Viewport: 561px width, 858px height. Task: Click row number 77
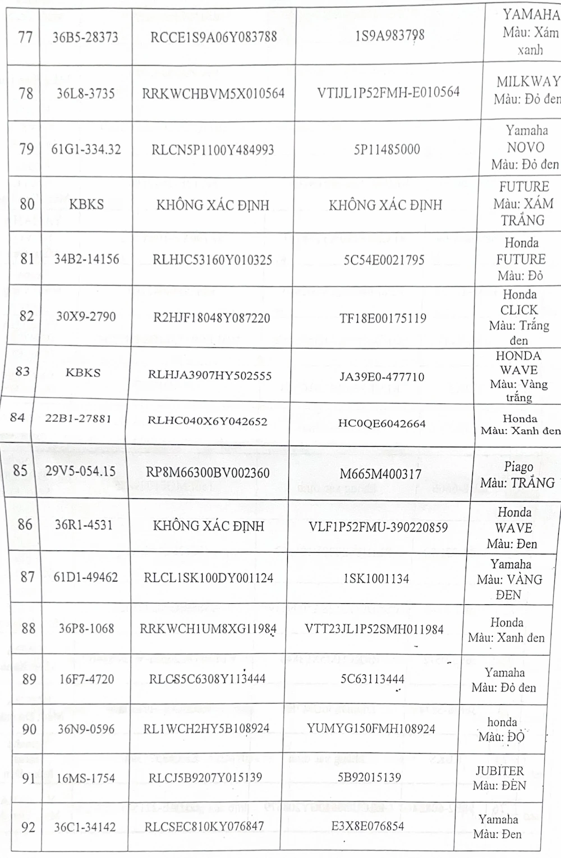click(26, 38)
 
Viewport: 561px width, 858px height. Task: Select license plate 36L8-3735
click(85, 93)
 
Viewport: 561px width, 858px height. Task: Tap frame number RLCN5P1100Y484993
click(213, 150)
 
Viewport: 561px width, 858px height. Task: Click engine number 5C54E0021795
click(384, 260)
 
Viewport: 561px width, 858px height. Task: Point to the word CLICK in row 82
click(519, 310)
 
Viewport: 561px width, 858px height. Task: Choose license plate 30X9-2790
click(86, 316)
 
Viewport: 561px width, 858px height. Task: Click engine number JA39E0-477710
click(381, 377)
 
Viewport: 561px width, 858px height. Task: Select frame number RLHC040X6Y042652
click(207, 421)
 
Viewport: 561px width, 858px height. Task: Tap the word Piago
click(518, 467)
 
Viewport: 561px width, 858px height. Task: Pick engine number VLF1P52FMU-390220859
click(378, 527)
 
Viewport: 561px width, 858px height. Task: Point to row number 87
click(27, 577)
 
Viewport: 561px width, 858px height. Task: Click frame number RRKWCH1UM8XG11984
click(208, 628)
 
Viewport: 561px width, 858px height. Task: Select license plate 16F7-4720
click(86, 680)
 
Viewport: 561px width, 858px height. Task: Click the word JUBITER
click(499, 771)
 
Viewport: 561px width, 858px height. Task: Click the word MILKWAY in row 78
click(528, 82)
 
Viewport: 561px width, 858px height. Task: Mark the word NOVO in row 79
click(525, 148)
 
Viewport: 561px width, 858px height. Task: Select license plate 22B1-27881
click(78, 418)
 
